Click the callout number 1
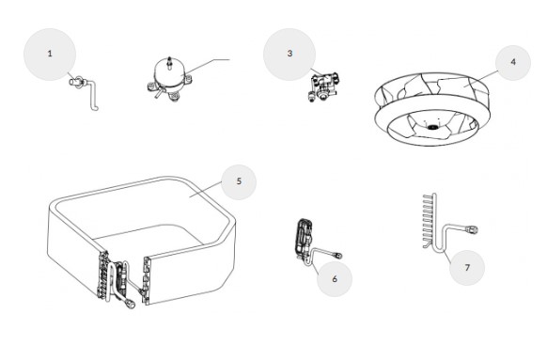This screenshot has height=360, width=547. point(50,54)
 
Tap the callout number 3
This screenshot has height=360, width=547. point(289,54)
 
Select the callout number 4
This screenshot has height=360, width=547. point(513,62)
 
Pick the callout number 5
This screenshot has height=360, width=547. point(239,181)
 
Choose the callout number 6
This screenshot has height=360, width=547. point(335,279)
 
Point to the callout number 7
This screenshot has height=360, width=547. point(467,268)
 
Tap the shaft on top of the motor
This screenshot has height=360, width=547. point(169,62)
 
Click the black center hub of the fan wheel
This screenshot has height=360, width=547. point(432,127)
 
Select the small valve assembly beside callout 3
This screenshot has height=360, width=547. point(322,86)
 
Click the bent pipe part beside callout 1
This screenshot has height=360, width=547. point(85,92)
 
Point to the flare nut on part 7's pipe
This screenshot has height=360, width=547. point(473,229)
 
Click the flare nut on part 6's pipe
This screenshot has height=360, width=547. point(337,256)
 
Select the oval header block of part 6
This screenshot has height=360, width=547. point(304,236)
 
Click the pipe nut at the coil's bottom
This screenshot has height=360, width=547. point(131,305)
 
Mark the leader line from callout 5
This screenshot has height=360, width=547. point(205,190)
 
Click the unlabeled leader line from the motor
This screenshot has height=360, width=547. point(207,67)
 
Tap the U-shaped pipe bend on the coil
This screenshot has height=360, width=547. point(111,279)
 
